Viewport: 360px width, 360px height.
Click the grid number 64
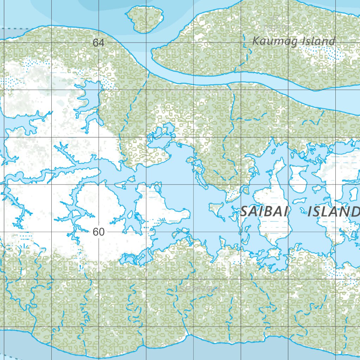pyautogui.click(x=98, y=43)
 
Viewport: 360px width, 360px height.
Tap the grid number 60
pyautogui.click(x=99, y=232)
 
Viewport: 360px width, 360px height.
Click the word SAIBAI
pyautogui.click(x=264, y=212)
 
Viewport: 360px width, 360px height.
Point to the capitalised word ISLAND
pyautogui.click(x=333, y=212)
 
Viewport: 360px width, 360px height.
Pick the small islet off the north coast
pyautogui.click(x=144, y=19)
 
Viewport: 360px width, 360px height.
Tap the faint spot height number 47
pyautogui.click(x=275, y=18)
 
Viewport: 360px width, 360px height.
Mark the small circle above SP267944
pyautogui.click(x=199, y=280)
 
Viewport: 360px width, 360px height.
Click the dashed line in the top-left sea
pyautogui.click(x=14, y=28)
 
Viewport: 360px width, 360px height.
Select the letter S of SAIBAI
pyautogui.click(x=244, y=212)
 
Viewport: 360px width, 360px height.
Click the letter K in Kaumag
pyautogui.click(x=256, y=41)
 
